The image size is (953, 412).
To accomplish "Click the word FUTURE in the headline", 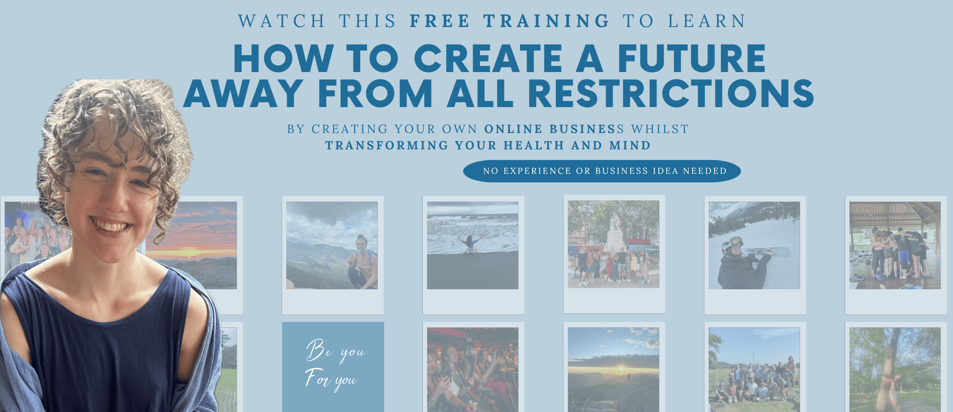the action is [x=691, y=58].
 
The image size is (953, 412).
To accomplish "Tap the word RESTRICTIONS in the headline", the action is [x=671, y=93].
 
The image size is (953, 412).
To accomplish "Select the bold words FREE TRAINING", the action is [x=510, y=21].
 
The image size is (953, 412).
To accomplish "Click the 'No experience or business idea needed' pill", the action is [x=602, y=171].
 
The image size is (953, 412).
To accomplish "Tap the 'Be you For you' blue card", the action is [x=333, y=367].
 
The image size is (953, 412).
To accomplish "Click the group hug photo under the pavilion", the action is [x=895, y=245].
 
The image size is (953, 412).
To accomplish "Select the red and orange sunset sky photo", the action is [x=191, y=245].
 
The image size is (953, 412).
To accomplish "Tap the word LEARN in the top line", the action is [x=707, y=21].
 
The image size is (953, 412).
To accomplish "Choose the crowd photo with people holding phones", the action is [x=473, y=370].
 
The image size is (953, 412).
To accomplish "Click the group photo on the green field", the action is [x=754, y=370].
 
